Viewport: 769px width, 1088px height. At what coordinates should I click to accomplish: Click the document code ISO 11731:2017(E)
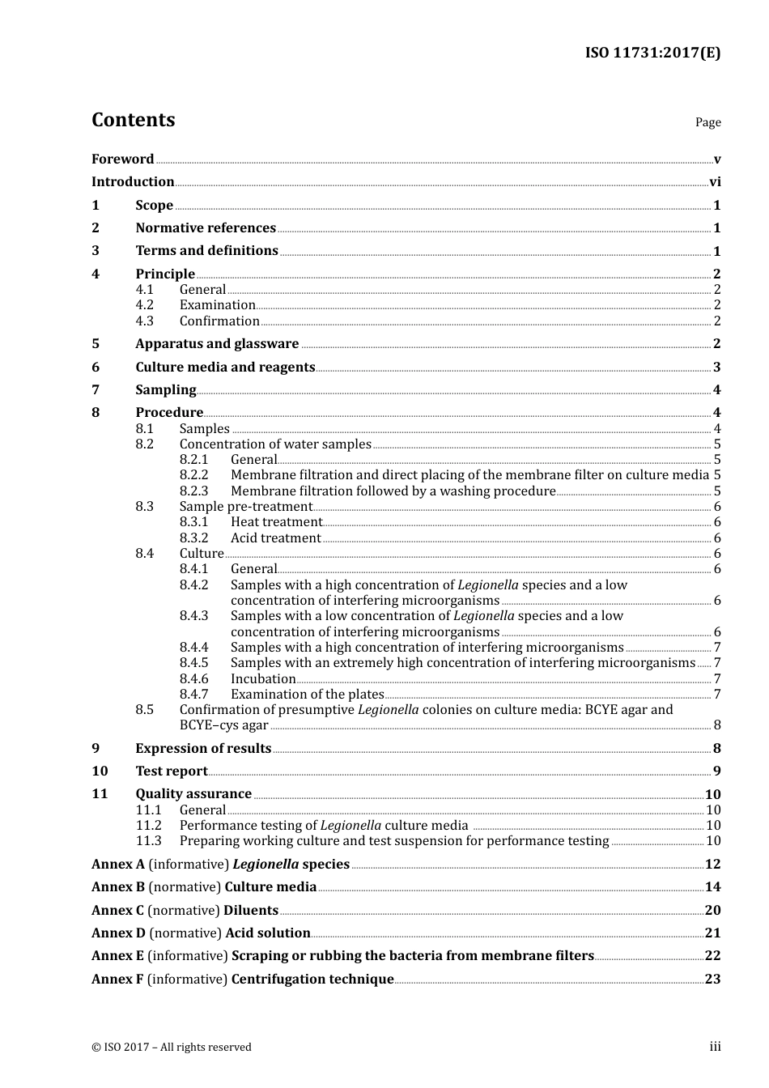tap(652, 53)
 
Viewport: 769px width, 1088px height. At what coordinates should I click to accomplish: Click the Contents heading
tap(133, 120)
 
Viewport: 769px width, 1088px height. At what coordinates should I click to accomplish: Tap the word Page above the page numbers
tap(707, 122)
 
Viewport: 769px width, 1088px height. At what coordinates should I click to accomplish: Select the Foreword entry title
tap(122, 159)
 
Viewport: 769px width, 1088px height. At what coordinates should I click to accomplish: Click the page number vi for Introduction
tap(715, 182)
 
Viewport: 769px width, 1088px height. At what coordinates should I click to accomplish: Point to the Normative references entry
tap(206, 228)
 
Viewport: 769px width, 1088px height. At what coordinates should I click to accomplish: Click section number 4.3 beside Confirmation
tap(144, 321)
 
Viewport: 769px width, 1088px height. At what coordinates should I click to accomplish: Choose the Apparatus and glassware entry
tap(217, 344)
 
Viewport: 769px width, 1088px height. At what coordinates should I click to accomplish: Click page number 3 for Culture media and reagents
tap(716, 368)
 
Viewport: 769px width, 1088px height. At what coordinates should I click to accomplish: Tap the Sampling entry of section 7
tap(166, 390)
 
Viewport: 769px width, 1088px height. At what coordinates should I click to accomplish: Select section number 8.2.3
tap(193, 491)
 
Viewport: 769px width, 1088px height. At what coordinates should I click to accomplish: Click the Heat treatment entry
tap(276, 522)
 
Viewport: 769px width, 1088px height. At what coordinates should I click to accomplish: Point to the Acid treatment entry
tap(275, 538)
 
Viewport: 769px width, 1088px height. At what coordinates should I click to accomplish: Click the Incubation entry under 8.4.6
tap(263, 679)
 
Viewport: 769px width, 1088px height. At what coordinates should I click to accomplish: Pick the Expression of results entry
tap(203, 749)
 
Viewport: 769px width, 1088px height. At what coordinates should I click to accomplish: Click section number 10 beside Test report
tap(100, 771)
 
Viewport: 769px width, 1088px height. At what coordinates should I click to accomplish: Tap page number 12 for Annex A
tap(712, 865)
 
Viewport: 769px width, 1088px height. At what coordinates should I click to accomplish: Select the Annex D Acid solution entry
tap(201, 933)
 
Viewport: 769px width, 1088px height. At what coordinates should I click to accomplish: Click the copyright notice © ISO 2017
tap(172, 1048)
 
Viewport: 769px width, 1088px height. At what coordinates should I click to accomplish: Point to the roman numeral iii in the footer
tap(715, 1047)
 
